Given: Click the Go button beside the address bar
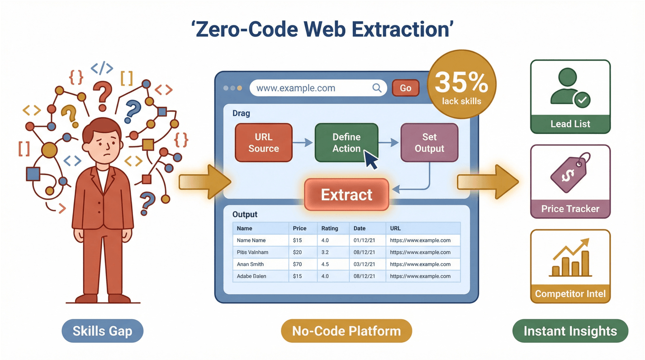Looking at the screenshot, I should pos(405,88).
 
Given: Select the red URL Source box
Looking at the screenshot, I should pos(263,142).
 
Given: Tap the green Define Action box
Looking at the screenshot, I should pos(346,142).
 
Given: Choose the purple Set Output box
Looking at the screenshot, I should pos(429,142).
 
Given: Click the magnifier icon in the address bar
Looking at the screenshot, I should pos(377,88).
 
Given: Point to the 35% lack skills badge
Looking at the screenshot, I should pos(461,87).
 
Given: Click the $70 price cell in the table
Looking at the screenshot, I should pos(297,264).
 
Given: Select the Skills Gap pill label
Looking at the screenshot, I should pos(102,331).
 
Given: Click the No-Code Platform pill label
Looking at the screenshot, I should pos(346,331).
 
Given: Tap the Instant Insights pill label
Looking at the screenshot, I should pos(570,331).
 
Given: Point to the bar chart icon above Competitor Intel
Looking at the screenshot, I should pos(570,258).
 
